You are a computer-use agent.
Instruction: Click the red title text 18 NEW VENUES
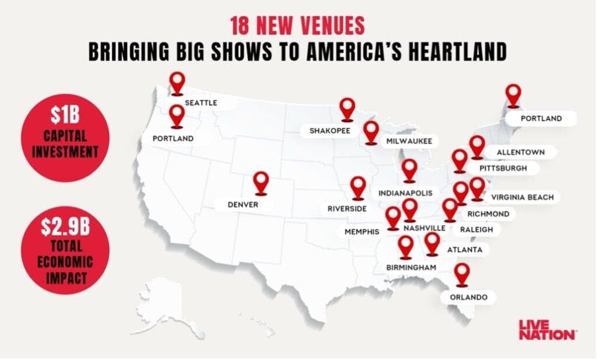pyautogui.click(x=297, y=25)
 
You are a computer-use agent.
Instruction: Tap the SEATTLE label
pyautogui.click(x=201, y=103)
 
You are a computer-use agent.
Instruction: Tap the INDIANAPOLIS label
pyautogui.click(x=406, y=193)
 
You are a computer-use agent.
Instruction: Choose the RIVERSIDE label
pyautogui.click(x=347, y=208)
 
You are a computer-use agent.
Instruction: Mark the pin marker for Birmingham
pyautogui.click(x=406, y=246)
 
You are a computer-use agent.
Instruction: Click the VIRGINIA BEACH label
pyautogui.click(x=522, y=197)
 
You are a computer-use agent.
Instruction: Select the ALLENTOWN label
pyautogui.click(x=521, y=152)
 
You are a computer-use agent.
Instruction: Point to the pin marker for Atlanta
pyautogui.click(x=432, y=243)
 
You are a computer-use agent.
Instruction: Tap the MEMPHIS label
pyautogui.click(x=361, y=232)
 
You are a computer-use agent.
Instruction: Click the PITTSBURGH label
pyautogui.click(x=503, y=168)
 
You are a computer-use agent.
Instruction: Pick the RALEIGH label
pyautogui.click(x=476, y=230)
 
